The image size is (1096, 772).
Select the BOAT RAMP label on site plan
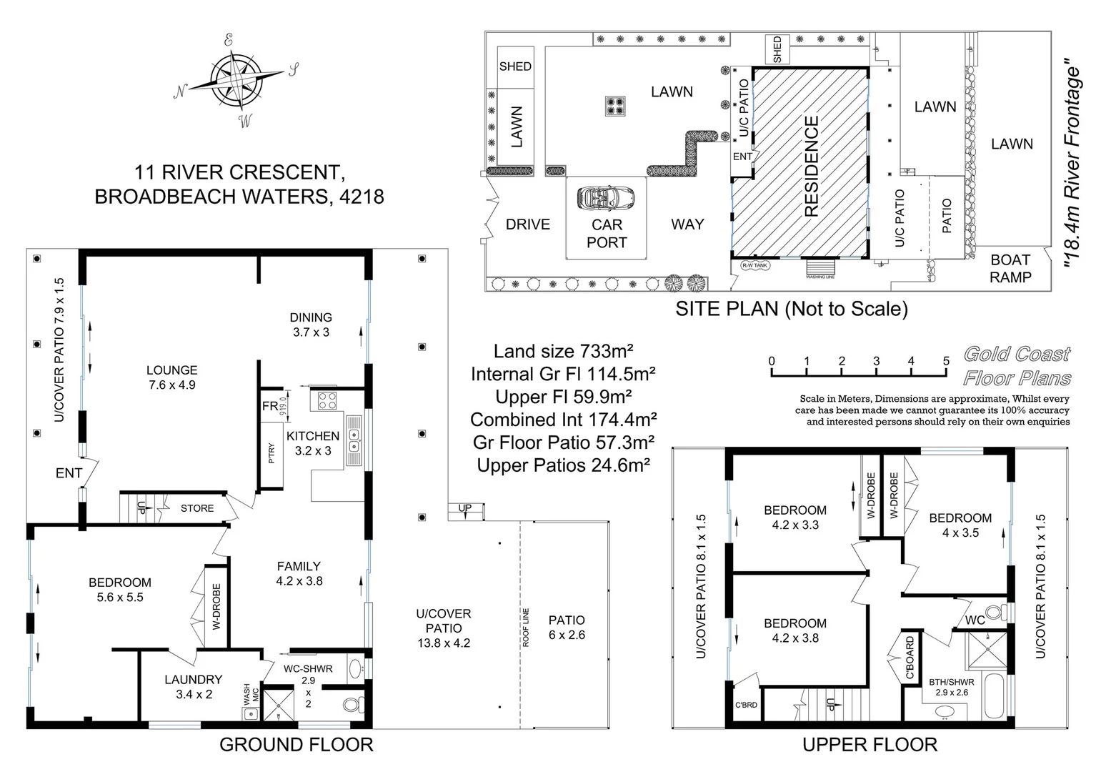1010,269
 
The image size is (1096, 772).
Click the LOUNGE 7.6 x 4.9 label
171,377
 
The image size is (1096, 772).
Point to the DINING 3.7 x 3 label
311,325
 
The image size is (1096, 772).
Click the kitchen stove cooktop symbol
327,400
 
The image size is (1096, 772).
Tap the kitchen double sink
354,439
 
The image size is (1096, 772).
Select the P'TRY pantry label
271,453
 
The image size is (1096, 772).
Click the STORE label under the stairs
197,508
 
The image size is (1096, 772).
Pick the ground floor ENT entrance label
69,473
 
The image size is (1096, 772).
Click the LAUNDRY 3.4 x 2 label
193,686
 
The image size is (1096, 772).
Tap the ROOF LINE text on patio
526,628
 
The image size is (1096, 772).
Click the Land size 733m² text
564,351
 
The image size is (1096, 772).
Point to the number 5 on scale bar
946,361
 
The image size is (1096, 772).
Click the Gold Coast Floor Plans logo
1017,366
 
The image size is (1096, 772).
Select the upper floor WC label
975,620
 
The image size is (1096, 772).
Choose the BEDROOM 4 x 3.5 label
960,525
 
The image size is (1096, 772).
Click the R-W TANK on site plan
754,265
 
